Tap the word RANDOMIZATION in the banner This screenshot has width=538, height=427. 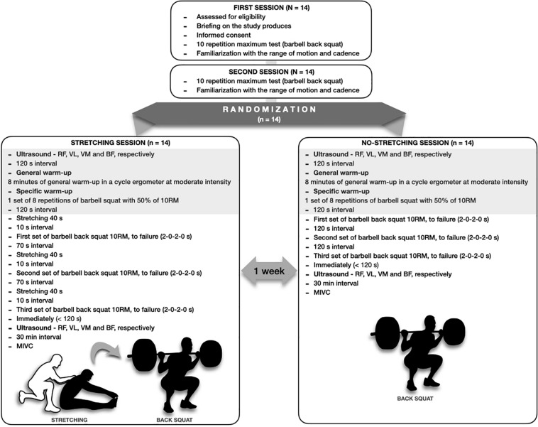tap(269, 111)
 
